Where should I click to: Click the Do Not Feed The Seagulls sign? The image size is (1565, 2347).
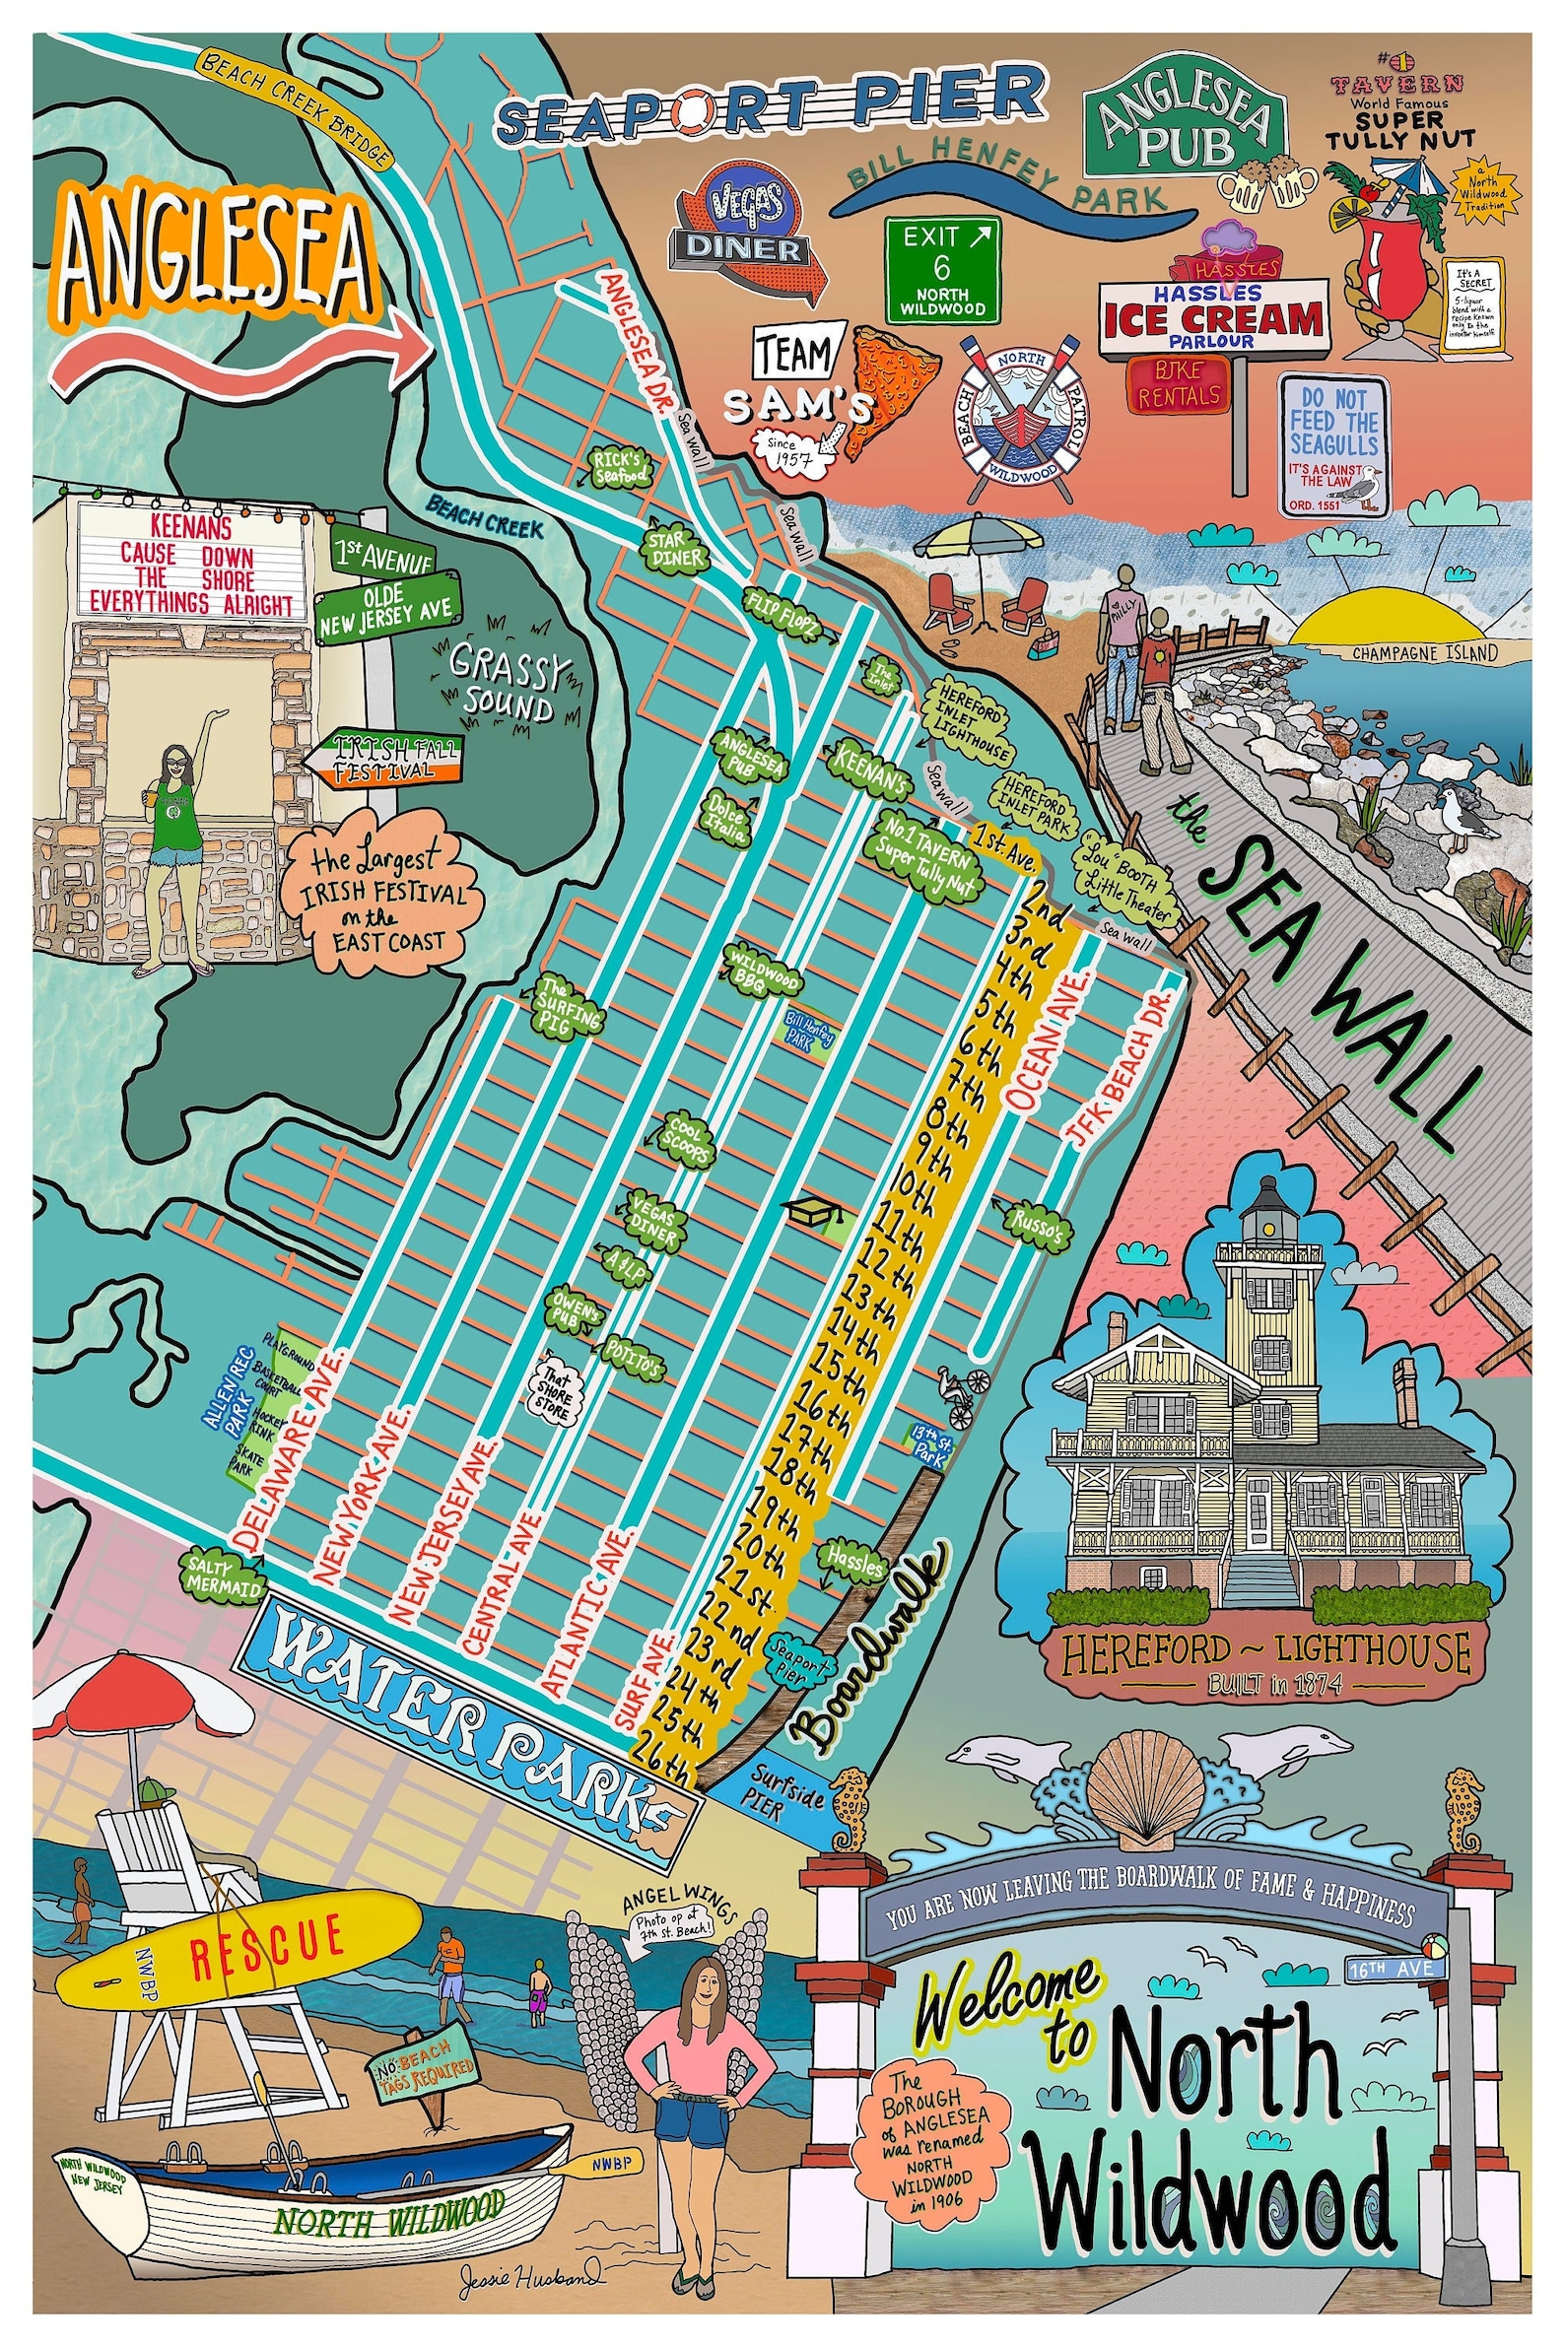click(1333, 445)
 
